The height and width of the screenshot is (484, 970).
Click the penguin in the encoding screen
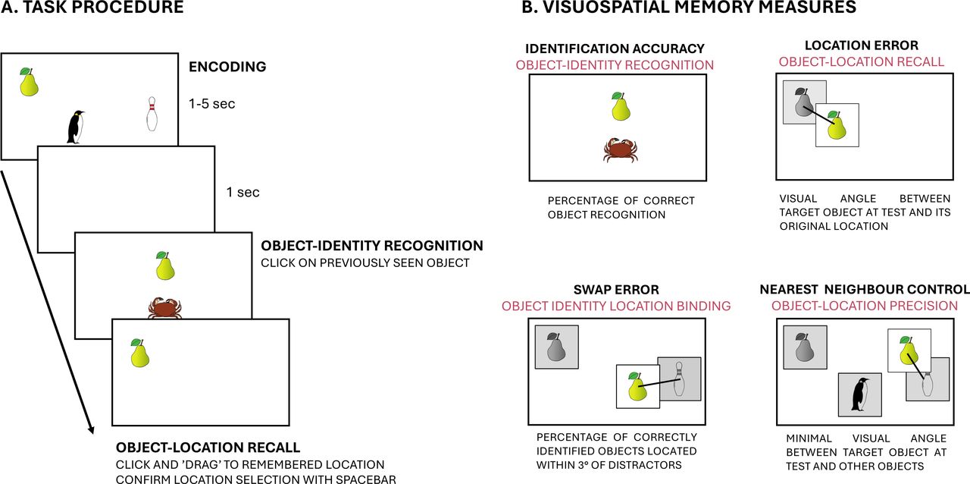(75, 127)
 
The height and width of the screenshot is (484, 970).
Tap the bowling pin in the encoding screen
(152, 114)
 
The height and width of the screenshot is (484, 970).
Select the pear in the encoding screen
(29, 81)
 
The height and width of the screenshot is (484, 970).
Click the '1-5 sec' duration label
(211, 104)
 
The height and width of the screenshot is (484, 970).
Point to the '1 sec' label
(243, 192)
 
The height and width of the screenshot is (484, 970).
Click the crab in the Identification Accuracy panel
(621, 150)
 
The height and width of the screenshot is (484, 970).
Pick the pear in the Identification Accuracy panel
(621, 105)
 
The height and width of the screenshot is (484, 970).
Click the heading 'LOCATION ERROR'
(862, 45)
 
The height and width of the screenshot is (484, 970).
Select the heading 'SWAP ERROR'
(616, 289)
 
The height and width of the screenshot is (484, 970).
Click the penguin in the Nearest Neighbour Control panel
(860, 394)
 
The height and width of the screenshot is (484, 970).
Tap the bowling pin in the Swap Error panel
(679, 379)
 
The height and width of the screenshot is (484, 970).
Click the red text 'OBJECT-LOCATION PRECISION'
(865, 306)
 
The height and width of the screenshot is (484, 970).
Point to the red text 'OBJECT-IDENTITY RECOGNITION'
(615, 65)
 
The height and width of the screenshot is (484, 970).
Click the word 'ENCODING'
(227, 66)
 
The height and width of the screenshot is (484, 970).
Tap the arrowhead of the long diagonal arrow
(92, 431)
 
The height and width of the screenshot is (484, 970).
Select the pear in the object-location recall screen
(140, 353)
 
